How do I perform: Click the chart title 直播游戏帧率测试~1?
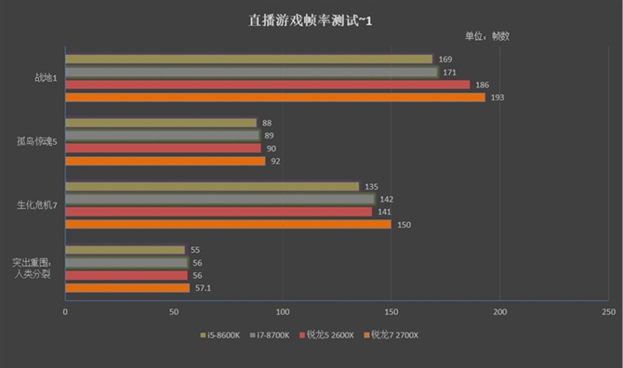pos(311,18)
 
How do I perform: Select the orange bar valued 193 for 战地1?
pos(274,98)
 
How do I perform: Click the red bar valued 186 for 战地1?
pos(267,85)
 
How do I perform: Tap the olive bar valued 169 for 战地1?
pos(248,59)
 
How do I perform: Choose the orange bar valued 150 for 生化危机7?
pos(228,224)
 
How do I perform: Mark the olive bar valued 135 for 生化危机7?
pos(211,186)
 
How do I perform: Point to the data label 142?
pos(388,199)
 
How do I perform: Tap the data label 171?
pos(450,72)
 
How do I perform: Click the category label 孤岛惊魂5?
pos(38,141)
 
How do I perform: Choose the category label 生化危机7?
pos(38,205)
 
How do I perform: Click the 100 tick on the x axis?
pos(283,312)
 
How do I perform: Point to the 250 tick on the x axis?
pos(608,312)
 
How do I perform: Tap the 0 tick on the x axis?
pos(65,312)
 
